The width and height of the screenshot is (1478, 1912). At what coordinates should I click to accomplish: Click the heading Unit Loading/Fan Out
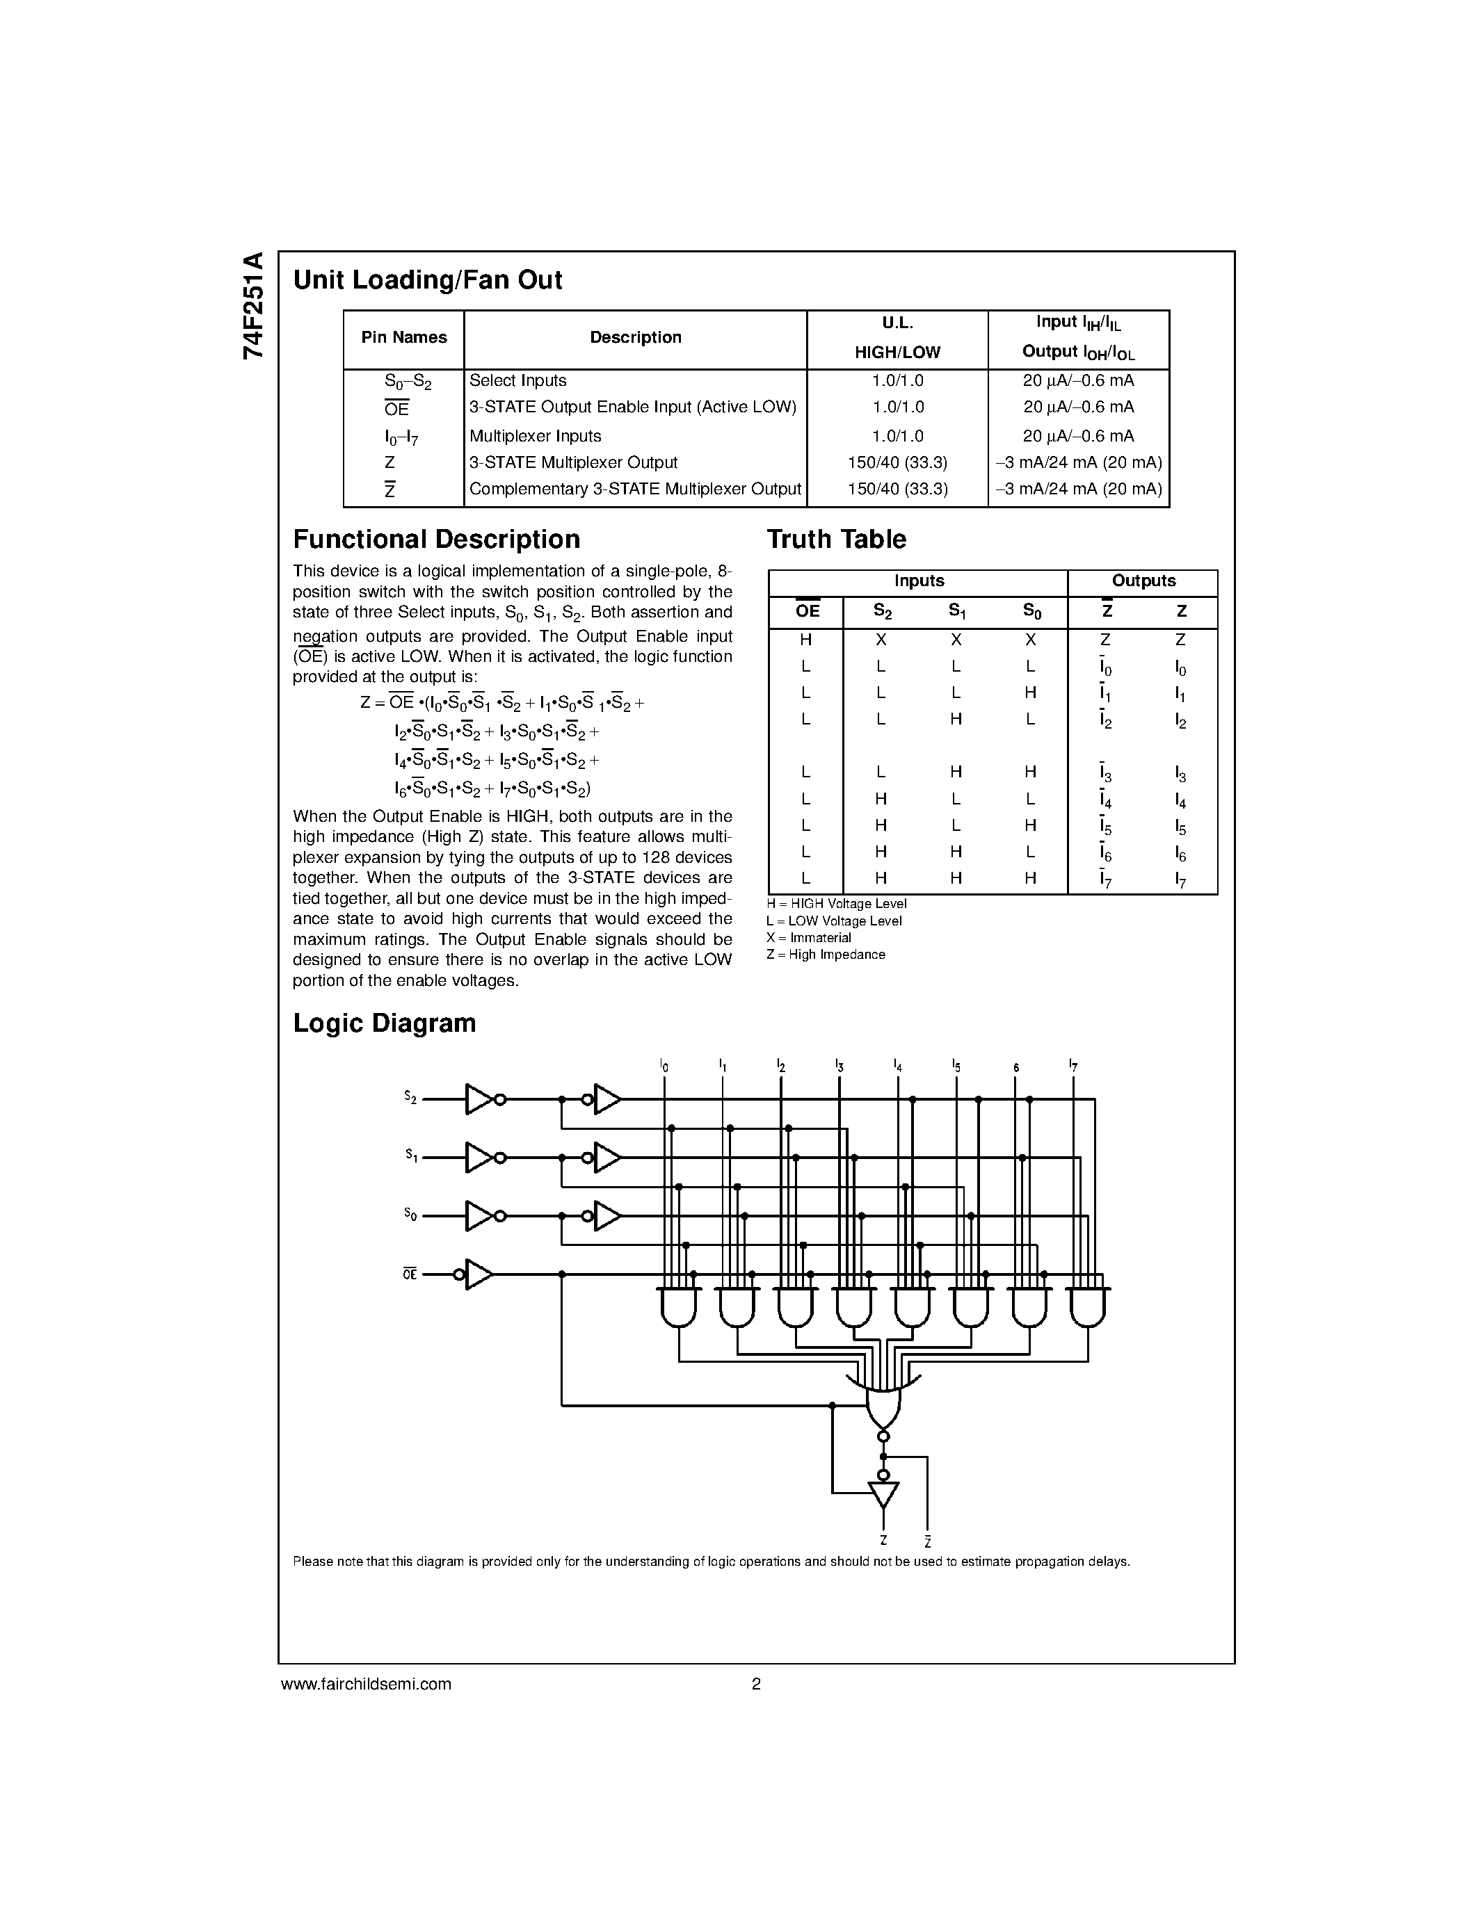coord(427,280)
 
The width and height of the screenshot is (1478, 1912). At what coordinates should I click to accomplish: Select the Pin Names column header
coord(403,338)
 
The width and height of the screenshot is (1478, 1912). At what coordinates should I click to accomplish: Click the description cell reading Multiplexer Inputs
coord(535,436)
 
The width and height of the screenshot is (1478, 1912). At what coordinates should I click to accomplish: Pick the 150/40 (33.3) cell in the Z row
coord(897,462)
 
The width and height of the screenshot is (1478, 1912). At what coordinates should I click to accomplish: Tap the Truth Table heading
coord(836,540)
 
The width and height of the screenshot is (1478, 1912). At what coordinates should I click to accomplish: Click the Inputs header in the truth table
coord(919,581)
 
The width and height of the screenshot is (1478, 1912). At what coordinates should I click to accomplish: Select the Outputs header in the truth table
coord(1143,581)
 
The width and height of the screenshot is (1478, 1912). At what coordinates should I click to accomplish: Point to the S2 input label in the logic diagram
coord(410,1097)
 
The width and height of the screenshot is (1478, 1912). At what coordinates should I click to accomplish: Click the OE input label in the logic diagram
coord(410,1274)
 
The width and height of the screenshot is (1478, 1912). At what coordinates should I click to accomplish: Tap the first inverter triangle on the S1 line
coord(478,1158)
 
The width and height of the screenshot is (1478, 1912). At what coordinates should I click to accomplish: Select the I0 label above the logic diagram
coord(664,1067)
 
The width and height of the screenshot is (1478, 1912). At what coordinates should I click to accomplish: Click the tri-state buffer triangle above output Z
coord(883,1493)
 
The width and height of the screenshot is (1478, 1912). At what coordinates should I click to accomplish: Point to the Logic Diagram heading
coord(385,1023)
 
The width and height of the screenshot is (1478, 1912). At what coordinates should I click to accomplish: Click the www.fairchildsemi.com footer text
coord(366,1683)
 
